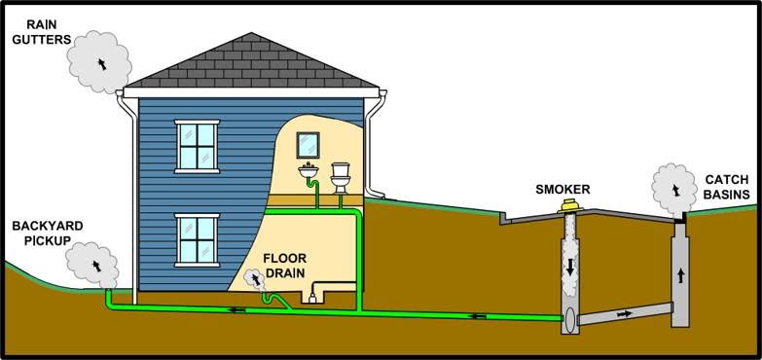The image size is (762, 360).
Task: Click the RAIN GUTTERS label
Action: click(x=41, y=32)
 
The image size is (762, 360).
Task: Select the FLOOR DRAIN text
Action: click(x=284, y=266)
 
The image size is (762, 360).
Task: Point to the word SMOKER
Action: click(x=562, y=190)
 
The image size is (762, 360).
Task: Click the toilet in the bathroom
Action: click(x=341, y=178)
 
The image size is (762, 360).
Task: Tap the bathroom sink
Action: click(x=308, y=170)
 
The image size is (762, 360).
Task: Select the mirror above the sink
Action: click(x=308, y=145)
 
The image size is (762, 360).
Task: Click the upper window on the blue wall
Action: click(x=197, y=146)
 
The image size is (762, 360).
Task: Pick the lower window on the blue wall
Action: click(x=197, y=240)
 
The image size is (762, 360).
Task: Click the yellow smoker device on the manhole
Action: click(x=570, y=205)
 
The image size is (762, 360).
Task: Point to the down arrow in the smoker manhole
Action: click(x=570, y=266)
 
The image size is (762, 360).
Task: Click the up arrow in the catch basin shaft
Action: click(x=680, y=276)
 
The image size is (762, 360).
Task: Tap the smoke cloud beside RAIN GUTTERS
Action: click(x=99, y=61)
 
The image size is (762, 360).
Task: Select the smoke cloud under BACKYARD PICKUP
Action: click(x=91, y=265)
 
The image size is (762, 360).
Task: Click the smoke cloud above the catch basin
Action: click(x=674, y=189)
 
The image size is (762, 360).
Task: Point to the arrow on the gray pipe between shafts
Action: click(x=625, y=314)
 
